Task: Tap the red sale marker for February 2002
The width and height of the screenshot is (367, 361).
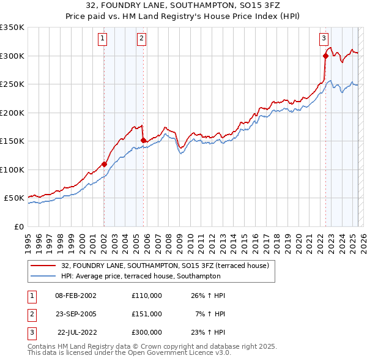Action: pos(104,164)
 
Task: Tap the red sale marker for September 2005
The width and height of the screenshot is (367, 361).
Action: pos(143,141)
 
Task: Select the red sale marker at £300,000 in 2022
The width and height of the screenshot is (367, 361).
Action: pos(325,56)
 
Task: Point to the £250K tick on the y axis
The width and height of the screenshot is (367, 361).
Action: pos(13,84)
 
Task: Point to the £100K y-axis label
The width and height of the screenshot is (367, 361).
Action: pos(13,169)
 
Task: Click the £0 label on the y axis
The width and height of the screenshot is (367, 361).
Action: pos(18,226)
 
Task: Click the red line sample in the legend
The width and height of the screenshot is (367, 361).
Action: pos(43,266)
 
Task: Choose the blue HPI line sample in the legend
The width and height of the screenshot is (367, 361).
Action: pos(43,276)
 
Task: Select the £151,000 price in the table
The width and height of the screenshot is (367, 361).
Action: pos(147,313)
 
